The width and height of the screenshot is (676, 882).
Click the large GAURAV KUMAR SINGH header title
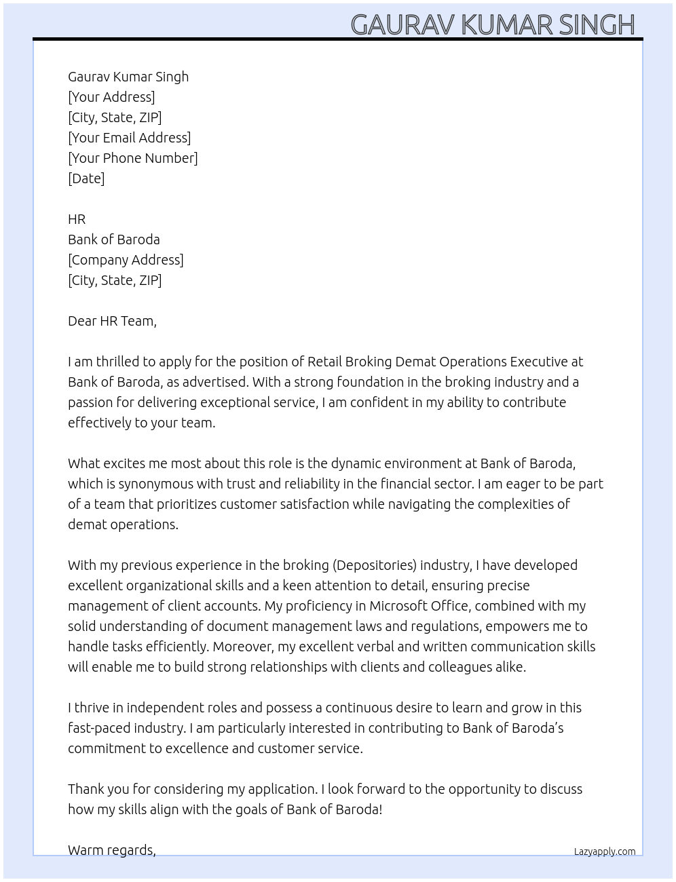click(x=492, y=24)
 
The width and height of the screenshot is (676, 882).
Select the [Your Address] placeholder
click(x=111, y=97)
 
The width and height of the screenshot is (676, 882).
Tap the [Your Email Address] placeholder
click(x=129, y=138)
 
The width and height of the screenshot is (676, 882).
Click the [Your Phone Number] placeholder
click(x=132, y=158)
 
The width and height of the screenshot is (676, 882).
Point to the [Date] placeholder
click(x=86, y=178)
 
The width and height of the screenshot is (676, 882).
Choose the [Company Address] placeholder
click(x=126, y=260)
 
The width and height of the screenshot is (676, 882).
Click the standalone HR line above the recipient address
click(x=77, y=219)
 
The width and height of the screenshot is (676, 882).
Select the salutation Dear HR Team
click(x=112, y=321)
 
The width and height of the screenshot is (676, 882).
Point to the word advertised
click(x=214, y=382)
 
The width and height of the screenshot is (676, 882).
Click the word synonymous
click(x=157, y=484)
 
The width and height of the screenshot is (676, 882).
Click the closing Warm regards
click(x=111, y=850)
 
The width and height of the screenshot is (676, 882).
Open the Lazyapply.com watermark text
click(x=605, y=851)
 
